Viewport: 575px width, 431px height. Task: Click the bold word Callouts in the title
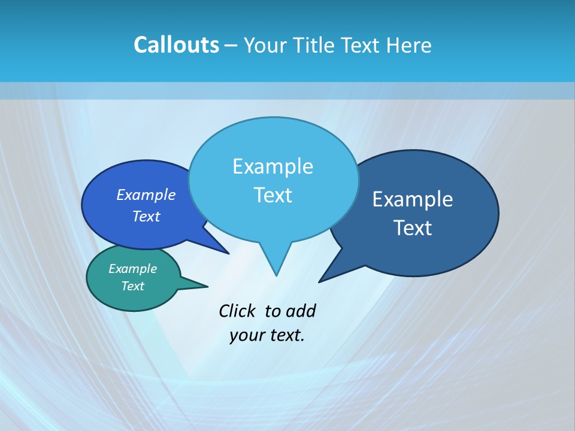tap(176, 45)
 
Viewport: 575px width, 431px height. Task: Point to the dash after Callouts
tap(231, 45)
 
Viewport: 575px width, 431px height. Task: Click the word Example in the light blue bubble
tap(273, 166)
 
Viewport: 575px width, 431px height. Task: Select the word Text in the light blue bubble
tap(273, 195)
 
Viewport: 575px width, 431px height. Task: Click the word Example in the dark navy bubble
tap(413, 199)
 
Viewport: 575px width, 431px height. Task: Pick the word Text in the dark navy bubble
tap(413, 228)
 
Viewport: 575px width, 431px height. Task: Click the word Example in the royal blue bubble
tap(146, 195)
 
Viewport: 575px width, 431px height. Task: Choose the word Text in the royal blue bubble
tap(146, 216)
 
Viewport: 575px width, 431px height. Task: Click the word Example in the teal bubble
tap(132, 269)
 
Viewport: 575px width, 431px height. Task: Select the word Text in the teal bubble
tap(132, 286)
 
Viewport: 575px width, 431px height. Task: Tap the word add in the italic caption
tap(301, 311)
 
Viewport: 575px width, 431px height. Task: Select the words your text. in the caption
tap(267, 335)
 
